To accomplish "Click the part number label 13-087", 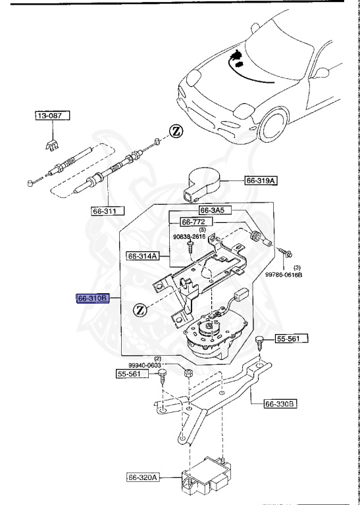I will pos(52,116).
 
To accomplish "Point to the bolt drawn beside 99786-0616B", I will pos(287,251).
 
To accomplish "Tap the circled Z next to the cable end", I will pos(175,130).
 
